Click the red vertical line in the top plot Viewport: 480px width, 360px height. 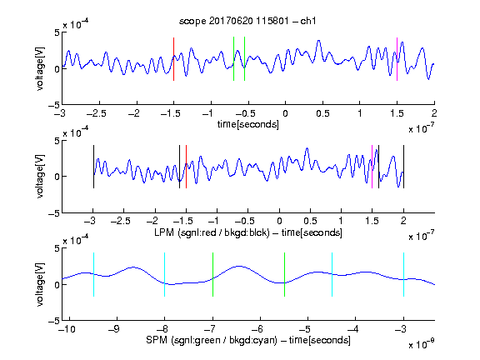tap(173, 59)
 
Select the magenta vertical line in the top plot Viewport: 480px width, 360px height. tap(397, 59)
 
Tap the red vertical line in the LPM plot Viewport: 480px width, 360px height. tap(186, 167)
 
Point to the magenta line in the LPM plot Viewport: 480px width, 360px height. tap(372, 167)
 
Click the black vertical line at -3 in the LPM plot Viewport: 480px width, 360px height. tap(93, 167)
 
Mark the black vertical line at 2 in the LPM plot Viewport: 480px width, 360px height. tap(403, 167)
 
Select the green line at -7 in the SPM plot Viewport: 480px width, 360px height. tap(212, 275)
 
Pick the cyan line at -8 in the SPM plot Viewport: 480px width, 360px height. tap(164, 275)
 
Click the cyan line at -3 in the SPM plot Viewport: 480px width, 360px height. tap(403, 275)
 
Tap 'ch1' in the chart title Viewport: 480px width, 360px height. tap(308, 21)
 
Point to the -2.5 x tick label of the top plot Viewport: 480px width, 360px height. tap(97, 113)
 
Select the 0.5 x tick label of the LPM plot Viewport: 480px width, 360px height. tap(310, 221)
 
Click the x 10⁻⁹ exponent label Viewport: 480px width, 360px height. tap(422, 344)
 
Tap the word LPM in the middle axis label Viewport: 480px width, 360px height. tap(164, 232)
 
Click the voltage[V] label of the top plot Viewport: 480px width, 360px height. tap(40, 68)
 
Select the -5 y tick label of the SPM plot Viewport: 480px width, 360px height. tap(54, 321)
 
